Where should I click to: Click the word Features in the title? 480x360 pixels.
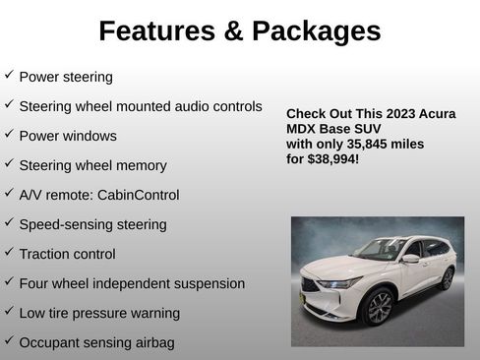tap(157, 31)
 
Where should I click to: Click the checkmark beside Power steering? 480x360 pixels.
tap(9, 75)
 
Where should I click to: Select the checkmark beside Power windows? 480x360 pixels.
tap(9, 134)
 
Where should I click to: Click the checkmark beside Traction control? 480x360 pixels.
tap(9, 252)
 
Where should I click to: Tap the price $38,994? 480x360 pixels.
tap(333, 158)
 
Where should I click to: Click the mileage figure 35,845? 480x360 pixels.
tap(363, 144)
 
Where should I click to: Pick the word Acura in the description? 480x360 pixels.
tap(435, 114)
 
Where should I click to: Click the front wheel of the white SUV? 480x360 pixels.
tap(379, 306)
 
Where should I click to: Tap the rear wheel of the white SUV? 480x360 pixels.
tap(447, 278)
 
